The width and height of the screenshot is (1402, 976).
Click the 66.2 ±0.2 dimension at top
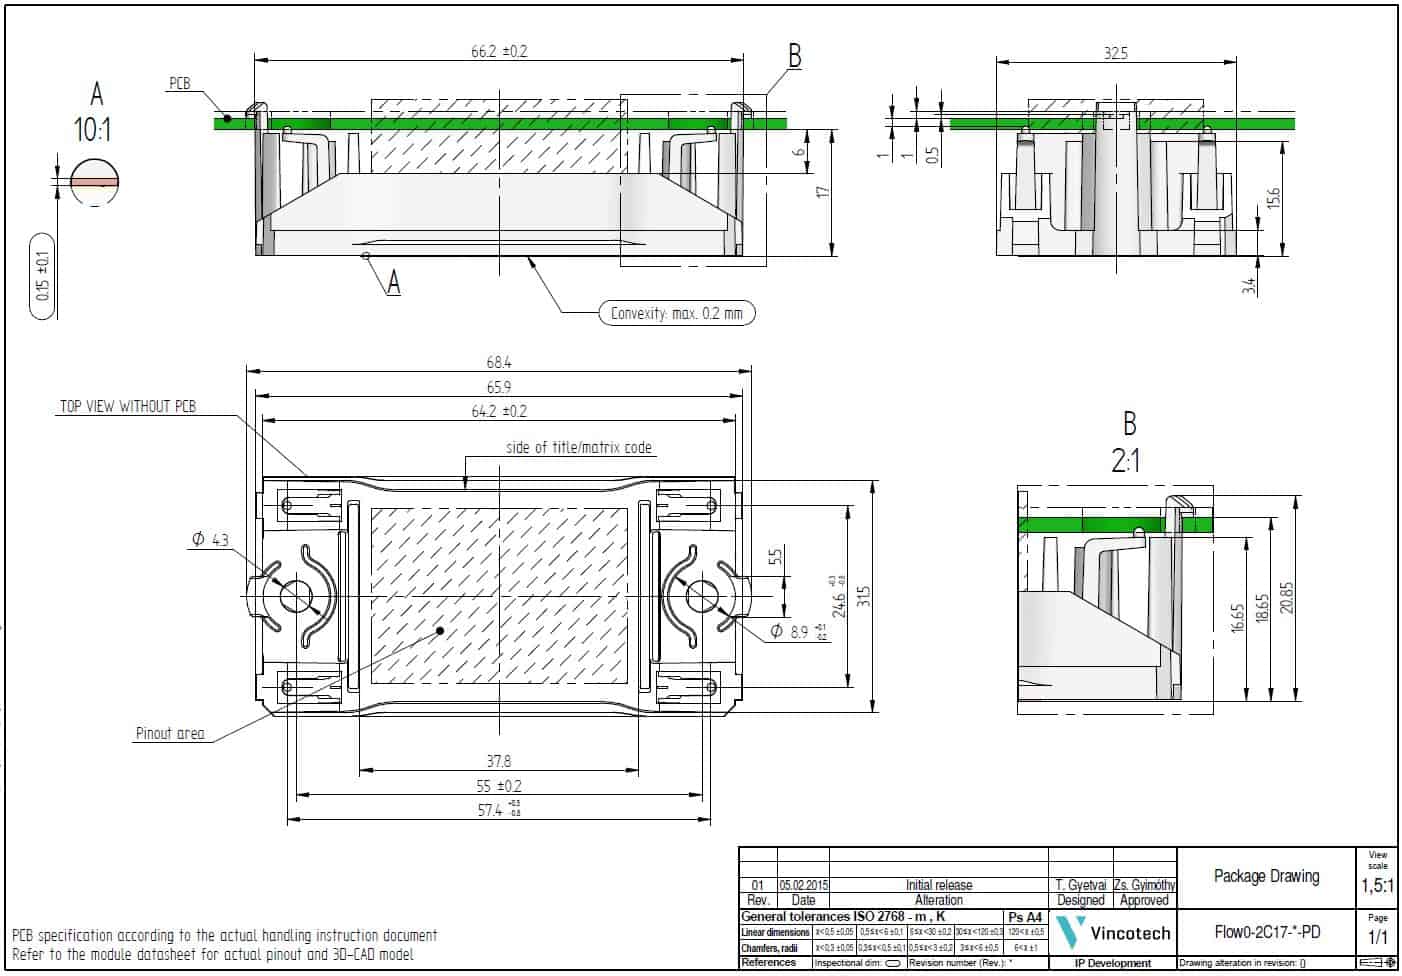click(x=498, y=51)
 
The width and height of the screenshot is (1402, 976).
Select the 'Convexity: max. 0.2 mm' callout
click(x=676, y=313)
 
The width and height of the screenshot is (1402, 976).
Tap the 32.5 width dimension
click(x=1115, y=53)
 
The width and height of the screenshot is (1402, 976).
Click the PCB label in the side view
click(x=179, y=84)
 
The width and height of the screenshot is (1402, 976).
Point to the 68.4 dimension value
click(x=498, y=363)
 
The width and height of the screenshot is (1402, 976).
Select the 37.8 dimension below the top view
click(x=498, y=761)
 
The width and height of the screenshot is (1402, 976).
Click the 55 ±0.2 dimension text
click(x=498, y=786)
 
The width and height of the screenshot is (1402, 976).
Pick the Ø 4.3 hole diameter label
click(x=210, y=540)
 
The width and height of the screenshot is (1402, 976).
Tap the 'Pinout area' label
click(x=170, y=733)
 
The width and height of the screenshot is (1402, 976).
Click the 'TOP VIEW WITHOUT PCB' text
click(x=128, y=406)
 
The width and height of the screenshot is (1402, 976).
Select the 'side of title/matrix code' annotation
click(x=579, y=447)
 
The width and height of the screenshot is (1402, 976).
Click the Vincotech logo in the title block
click(x=1112, y=933)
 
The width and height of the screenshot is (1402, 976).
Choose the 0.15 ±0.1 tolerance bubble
click(x=42, y=276)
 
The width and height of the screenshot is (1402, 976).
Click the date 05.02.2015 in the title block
click(x=804, y=885)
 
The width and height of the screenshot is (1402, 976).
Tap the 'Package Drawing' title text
click(x=1266, y=876)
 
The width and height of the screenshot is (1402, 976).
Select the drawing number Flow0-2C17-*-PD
click(x=1266, y=933)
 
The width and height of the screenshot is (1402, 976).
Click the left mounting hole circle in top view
click(x=296, y=596)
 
